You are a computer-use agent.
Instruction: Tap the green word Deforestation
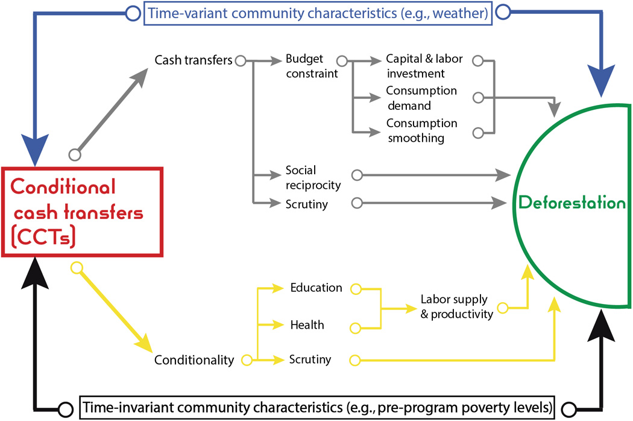[x=572, y=203]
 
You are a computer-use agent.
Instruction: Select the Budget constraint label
[x=312, y=66]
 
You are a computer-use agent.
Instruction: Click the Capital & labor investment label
[x=424, y=66]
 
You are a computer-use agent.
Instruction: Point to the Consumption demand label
[x=421, y=98]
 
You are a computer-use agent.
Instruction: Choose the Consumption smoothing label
[x=421, y=130]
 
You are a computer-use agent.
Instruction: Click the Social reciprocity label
[x=313, y=177]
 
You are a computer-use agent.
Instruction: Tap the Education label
[x=316, y=288]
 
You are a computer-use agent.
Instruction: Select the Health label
[x=307, y=325]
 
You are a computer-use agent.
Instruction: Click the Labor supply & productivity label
[x=456, y=306]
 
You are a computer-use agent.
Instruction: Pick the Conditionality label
[x=194, y=359]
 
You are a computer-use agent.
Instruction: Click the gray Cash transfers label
[x=194, y=60]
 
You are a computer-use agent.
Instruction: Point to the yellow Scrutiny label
[x=310, y=359]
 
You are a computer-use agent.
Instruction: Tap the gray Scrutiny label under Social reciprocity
[x=306, y=204]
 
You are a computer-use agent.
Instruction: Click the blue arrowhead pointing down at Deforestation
[x=601, y=81]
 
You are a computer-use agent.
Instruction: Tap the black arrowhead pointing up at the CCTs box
[x=35, y=273]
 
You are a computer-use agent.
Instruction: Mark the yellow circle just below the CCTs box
[x=77, y=268]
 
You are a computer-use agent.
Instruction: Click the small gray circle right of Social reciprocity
[x=357, y=175]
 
